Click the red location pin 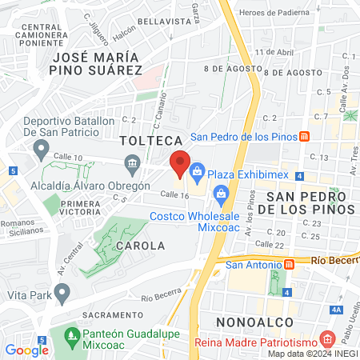tap(180, 163)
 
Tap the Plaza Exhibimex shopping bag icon tap(197, 173)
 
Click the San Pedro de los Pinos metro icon tap(305, 136)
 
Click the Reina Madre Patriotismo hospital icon tap(326, 339)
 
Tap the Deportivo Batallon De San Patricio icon tap(41, 148)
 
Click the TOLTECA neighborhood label tap(146, 141)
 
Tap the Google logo tap(26, 350)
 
